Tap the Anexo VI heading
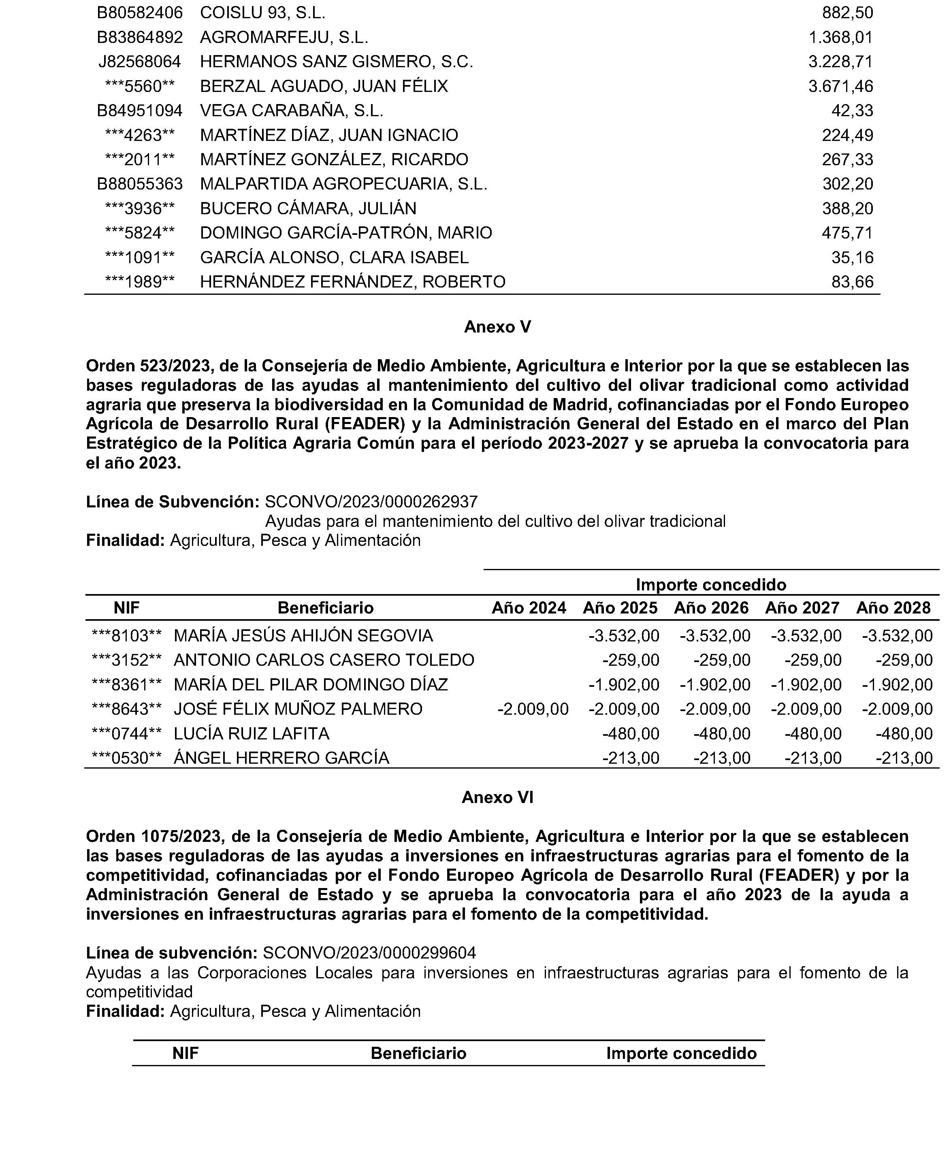coord(497,797)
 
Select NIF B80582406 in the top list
coord(140,13)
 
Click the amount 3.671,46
coord(840,86)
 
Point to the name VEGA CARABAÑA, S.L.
coord(292,111)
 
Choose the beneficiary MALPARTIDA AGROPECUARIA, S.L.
coord(343,184)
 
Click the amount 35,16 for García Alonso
coord(852,258)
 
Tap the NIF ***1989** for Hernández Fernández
coord(140,282)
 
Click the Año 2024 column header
coord(529,608)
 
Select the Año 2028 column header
coord(893,608)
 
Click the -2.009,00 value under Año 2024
coord(533,709)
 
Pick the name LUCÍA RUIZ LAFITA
coord(252,734)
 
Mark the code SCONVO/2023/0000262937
coord(371,502)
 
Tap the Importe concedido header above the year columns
coord(710,585)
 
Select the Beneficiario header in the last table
coord(418,1054)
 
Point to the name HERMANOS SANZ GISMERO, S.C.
coord(336,61)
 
